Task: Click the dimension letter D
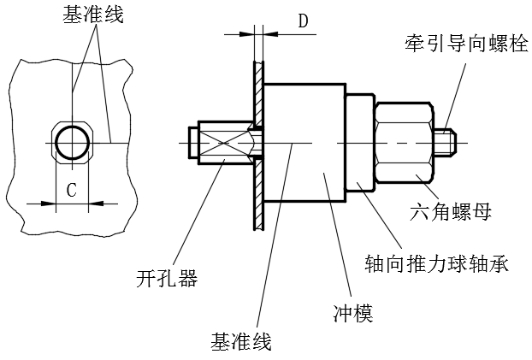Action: click(x=303, y=21)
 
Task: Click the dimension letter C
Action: click(x=72, y=190)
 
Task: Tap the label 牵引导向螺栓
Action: click(x=468, y=40)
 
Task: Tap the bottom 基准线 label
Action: click(x=240, y=343)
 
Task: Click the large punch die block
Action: click(x=303, y=142)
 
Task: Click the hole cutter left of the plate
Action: click(x=222, y=143)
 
